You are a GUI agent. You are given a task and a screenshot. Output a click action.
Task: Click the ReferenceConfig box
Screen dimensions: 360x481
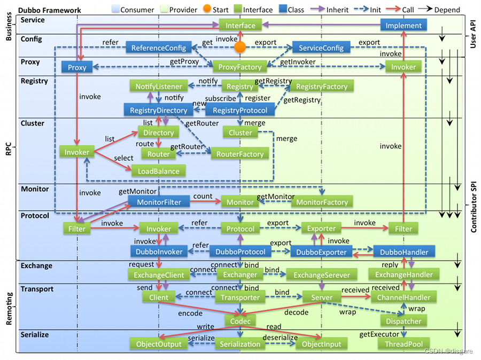(x=159, y=48)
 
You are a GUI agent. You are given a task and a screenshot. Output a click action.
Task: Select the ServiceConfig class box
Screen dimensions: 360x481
(x=321, y=48)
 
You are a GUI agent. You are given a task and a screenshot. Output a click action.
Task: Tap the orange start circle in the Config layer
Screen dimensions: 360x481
(x=241, y=48)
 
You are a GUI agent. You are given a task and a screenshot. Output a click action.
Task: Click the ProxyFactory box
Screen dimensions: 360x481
(x=240, y=67)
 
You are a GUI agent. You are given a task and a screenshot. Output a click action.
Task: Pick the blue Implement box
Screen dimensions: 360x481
(x=404, y=25)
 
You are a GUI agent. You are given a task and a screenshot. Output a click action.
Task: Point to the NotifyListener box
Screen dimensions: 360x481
(x=159, y=86)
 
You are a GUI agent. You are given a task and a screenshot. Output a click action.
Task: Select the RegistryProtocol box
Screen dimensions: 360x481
(x=240, y=110)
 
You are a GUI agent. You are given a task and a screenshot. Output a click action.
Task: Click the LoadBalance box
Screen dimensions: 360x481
(x=159, y=171)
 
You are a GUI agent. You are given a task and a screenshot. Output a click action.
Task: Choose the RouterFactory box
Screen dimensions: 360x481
(x=240, y=154)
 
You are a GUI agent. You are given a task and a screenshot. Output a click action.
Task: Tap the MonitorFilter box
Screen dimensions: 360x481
(x=159, y=202)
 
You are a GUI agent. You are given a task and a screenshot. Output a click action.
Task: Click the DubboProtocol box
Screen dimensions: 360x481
(x=240, y=251)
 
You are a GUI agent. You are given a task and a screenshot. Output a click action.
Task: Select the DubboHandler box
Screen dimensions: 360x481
(x=404, y=251)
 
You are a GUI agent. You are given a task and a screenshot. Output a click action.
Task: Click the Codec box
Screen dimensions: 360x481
(x=240, y=321)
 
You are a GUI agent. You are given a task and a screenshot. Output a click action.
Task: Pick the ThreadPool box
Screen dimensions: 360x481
(x=404, y=344)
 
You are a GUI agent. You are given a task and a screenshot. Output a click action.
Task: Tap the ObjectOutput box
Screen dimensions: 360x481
(x=159, y=344)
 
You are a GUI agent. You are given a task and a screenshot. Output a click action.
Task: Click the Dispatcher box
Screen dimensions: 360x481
(x=404, y=321)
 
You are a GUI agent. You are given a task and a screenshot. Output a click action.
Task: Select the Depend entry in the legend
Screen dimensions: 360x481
(x=446, y=9)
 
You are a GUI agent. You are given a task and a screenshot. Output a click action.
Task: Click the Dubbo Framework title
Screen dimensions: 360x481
(x=50, y=10)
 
